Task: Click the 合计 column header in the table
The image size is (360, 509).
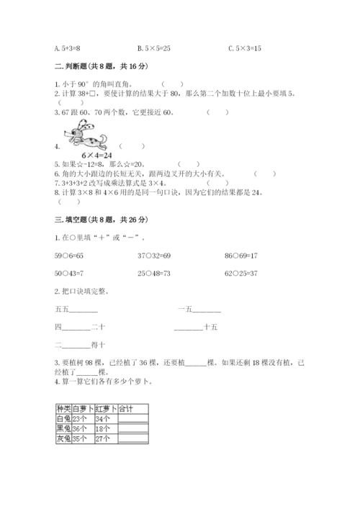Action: coord(126,408)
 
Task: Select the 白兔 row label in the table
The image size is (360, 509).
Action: coord(63,418)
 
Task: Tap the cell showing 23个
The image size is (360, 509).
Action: coord(81,418)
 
